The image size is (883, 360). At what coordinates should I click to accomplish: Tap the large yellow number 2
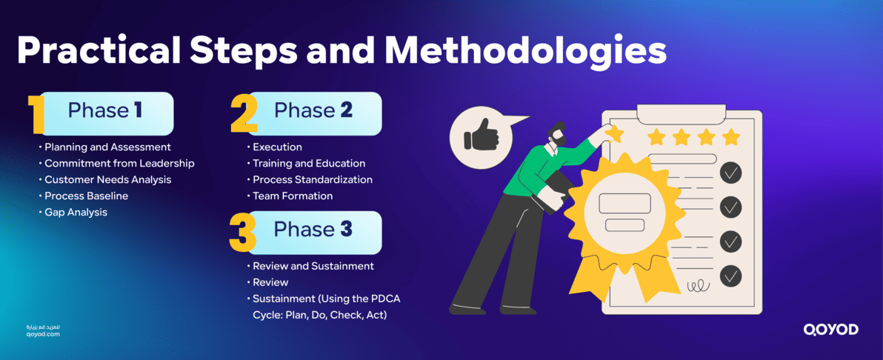pos(243,114)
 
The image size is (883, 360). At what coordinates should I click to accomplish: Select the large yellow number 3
pos(243,232)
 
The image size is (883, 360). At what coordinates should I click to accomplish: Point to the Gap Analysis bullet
pos(76,212)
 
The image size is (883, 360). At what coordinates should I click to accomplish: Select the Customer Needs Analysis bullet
pos(107,179)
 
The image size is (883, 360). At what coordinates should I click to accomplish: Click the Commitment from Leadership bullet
pos(119,163)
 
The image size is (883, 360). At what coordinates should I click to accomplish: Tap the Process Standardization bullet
pos(312,179)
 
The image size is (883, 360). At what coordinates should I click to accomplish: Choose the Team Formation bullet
pos(292,196)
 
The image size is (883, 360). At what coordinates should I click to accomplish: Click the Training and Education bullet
pos(309,163)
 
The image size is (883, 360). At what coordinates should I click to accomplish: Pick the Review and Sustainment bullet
pos(313,265)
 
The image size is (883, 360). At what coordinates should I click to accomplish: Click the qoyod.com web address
pos(42,334)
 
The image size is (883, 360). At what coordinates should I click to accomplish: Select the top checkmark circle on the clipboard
pos(730,173)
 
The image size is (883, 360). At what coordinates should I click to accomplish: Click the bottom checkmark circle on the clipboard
pos(730,276)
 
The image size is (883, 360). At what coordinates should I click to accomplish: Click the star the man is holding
pos(614,133)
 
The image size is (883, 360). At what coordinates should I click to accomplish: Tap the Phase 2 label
pos(313,110)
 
